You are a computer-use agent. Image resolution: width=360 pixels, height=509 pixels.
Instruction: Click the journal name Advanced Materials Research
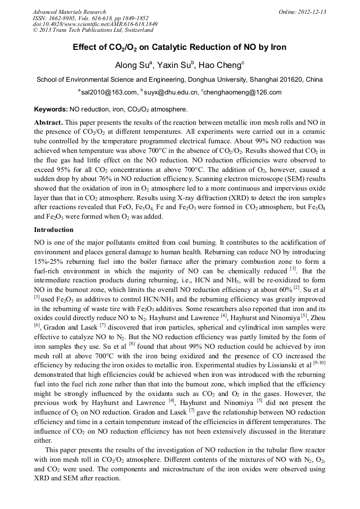(x=69, y=12)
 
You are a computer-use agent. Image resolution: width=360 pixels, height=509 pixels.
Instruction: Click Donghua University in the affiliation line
(x=212, y=80)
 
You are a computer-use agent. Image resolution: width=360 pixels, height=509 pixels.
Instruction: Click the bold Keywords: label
(x=50, y=110)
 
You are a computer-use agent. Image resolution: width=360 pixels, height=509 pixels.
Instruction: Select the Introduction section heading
(x=54, y=230)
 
